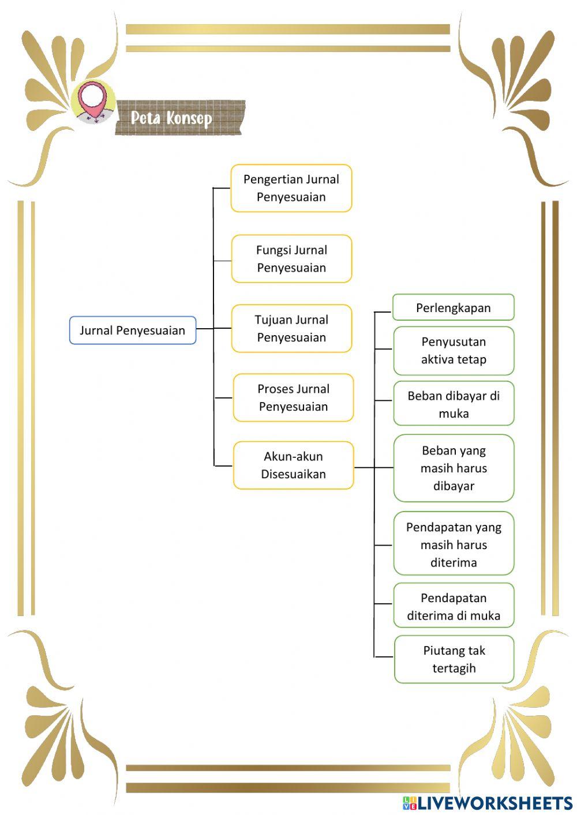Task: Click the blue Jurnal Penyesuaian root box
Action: (133, 330)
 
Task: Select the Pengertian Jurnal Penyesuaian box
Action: (291, 188)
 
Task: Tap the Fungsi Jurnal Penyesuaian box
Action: (291, 259)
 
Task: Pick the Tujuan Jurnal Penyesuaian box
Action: (291, 329)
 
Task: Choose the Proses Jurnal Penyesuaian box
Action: (294, 397)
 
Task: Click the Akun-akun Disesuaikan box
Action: (294, 465)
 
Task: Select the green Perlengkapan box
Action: (453, 307)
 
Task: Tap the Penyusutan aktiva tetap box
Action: (454, 351)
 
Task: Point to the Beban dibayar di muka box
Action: (454, 403)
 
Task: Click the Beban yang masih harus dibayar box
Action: (454, 468)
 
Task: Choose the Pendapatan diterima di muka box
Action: (454, 606)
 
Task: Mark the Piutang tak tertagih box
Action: (454, 659)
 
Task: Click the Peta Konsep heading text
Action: (171, 118)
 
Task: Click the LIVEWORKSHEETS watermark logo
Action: (488, 803)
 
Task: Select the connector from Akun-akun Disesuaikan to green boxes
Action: (373, 467)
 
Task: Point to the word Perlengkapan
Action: (453, 308)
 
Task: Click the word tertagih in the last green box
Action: (454, 668)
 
